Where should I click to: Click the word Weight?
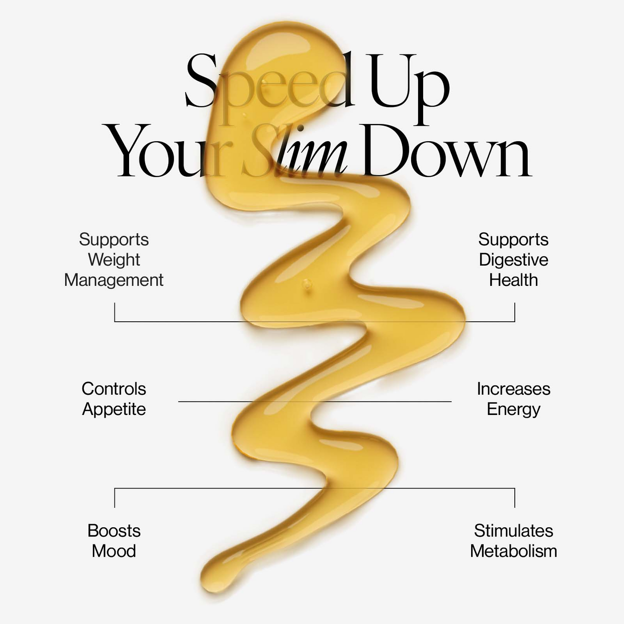pos(114,260)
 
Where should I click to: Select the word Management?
pos(114,280)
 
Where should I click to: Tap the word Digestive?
pos(513,260)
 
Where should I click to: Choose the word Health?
pos(513,280)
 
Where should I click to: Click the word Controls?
pos(114,389)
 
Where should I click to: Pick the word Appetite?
pos(114,409)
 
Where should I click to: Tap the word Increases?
pos(513,389)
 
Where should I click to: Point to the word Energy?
pos(513,409)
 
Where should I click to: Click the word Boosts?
pos(114,531)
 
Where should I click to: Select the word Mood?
pos(114,551)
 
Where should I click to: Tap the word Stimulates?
pos(513,531)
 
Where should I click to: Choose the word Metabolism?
pos(513,551)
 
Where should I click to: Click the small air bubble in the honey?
pos(307,284)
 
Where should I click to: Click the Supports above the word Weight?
pos(114,240)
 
